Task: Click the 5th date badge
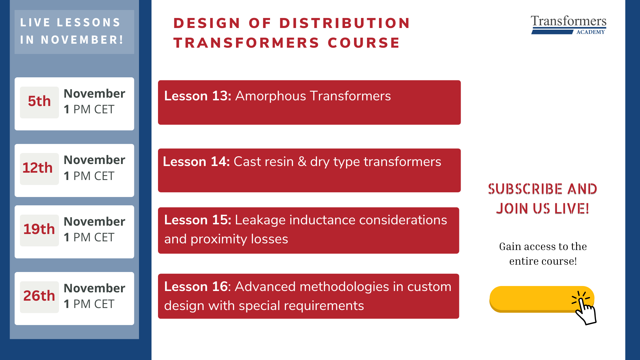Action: coord(39,102)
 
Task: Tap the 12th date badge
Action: coord(39,169)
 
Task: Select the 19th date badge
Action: coord(39,230)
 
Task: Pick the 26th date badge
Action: coord(39,297)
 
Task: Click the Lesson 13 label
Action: coord(198,96)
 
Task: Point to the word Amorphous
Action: coord(271,96)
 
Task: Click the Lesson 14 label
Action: coord(196,162)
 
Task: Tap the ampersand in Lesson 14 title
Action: coord(302,162)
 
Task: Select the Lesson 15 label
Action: coord(198,220)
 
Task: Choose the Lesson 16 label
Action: coord(196,287)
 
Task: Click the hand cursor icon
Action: coord(584,308)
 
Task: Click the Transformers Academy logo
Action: coord(569,25)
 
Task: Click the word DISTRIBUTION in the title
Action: coord(345,23)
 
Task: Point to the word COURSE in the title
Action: coord(364,43)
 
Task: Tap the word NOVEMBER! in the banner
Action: coord(82,40)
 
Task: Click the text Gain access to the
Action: coord(543,246)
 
